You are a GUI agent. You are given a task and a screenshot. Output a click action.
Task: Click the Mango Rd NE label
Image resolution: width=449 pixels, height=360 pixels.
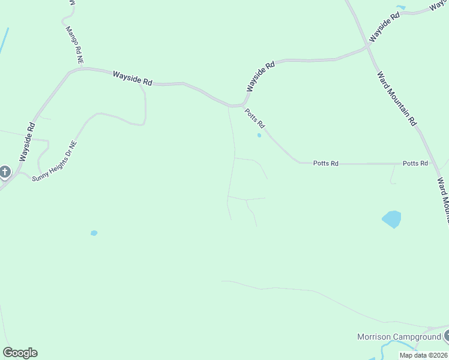click(75, 45)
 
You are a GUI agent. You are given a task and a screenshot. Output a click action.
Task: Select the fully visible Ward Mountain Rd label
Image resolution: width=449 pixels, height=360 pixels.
click(396, 98)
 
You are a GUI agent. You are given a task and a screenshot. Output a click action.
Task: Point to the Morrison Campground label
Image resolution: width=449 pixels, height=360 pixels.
click(399, 337)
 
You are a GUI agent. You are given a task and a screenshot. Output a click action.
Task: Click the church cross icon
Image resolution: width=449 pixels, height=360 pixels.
click(5, 173)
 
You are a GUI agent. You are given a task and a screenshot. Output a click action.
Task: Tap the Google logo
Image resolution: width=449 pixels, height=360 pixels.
click(20, 353)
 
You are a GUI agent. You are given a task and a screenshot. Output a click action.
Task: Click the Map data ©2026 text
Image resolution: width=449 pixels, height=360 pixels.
click(423, 355)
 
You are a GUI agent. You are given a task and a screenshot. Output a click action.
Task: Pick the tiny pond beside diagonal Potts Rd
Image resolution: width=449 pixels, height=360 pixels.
click(259, 135)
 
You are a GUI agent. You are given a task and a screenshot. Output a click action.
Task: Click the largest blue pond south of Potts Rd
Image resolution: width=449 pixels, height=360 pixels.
click(391, 219)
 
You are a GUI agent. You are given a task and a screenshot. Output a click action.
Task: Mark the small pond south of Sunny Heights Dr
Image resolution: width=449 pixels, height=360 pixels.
click(94, 233)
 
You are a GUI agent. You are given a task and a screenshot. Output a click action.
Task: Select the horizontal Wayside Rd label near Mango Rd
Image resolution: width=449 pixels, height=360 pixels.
click(133, 78)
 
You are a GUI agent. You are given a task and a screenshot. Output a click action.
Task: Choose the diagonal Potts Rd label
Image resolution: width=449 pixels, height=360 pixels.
click(255, 118)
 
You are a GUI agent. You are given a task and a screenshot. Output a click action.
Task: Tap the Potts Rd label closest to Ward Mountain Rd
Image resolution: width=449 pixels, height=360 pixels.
click(415, 163)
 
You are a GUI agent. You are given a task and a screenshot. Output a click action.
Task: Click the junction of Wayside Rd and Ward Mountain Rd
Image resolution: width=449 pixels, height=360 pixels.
click(368, 46)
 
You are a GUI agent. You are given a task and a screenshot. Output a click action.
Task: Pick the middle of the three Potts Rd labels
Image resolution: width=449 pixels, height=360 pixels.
click(326, 163)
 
